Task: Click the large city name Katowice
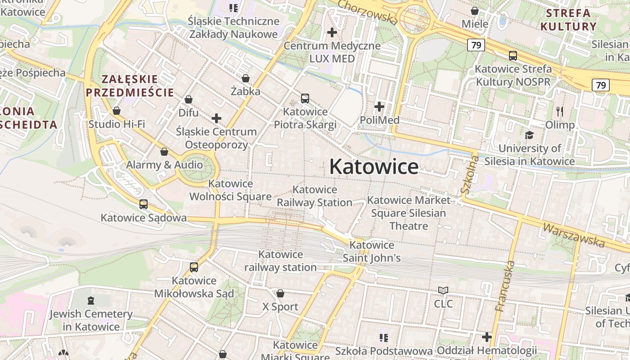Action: [x=374, y=166]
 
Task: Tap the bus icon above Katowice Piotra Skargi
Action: [x=305, y=98]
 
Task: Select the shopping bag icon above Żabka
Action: [x=246, y=78]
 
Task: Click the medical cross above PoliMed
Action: [x=379, y=107]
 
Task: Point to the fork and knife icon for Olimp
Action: [x=560, y=111]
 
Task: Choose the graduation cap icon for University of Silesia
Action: [x=529, y=135]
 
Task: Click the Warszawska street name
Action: [x=574, y=235]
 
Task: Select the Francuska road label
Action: [x=504, y=286]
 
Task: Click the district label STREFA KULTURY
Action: [x=568, y=20]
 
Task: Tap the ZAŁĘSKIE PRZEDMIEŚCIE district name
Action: [x=130, y=86]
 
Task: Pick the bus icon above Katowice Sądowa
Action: [x=144, y=204]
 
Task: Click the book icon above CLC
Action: [x=443, y=291]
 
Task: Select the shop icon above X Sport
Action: [x=280, y=293]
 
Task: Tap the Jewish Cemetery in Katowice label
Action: [x=91, y=320]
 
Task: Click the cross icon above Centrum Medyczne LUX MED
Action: [x=332, y=32]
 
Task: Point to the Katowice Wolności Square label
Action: [x=230, y=190]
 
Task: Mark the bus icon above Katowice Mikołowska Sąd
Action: [x=194, y=267]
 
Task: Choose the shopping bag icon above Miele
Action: [x=475, y=10]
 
